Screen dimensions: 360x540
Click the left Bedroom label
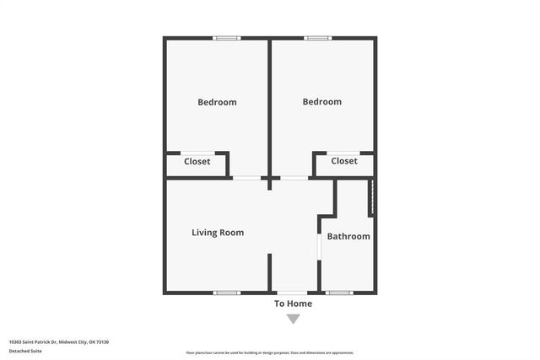[x=217, y=102]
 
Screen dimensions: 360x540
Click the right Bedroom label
[x=322, y=101]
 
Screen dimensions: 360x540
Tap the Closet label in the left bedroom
[x=197, y=161]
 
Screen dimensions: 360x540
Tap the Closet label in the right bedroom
[x=344, y=160]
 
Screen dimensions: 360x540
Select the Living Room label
[x=218, y=233]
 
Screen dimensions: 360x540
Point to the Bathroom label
[x=348, y=236]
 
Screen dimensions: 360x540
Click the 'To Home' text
[x=293, y=304]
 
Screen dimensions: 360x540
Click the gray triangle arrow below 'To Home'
[x=293, y=319]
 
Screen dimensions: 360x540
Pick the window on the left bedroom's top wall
[x=226, y=38]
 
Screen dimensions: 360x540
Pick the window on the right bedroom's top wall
[x=318, y=38]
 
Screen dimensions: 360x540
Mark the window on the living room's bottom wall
[x=226, y=293]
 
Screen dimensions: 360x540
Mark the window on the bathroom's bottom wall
[x=338, y=293]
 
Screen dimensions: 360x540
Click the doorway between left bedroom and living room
[x=246, y=177]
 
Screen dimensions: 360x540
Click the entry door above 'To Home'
[x=293, y=292]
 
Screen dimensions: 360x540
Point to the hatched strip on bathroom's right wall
[x=371, y=196]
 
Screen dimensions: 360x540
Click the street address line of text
[x=59, y=341]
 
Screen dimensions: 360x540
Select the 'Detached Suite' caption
[x=25, y=351]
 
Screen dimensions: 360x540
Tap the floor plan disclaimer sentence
[x=270, y=352]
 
